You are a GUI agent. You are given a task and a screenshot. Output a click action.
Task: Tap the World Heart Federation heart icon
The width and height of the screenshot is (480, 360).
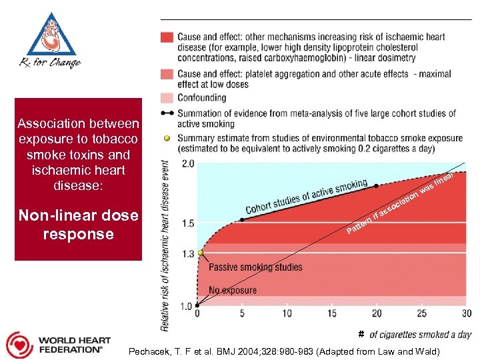(x=19, y=344)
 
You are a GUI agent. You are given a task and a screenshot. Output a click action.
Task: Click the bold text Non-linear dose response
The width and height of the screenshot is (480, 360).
(x=79, y=225)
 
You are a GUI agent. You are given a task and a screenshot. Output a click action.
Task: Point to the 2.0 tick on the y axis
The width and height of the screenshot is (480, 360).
(x=187, y=163)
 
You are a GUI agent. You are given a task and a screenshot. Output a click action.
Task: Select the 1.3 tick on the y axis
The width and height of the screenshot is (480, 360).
(x=187, y=253)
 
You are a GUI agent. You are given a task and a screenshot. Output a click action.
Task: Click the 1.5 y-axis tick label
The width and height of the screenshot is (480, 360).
(x=187, y=223)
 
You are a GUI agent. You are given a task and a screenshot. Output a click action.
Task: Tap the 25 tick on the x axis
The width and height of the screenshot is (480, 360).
(x=421, y=313)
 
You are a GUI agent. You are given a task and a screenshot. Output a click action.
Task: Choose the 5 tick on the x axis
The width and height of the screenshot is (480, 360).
(x=242, y=313)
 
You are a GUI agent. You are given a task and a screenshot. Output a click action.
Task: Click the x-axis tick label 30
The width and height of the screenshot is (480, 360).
(x=466, y=313)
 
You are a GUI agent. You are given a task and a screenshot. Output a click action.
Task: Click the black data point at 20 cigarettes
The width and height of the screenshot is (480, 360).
(x=377, y=186)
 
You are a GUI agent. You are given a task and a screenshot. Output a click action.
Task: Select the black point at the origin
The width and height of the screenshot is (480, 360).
(x=197, y=305)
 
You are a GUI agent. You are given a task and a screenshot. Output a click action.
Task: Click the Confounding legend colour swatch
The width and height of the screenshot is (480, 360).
(x=167, y=98)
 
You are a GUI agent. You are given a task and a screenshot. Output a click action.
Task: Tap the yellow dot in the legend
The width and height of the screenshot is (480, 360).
(x=167, y=139)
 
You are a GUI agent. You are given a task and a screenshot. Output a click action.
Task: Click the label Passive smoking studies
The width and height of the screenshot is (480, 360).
(x=255, y=267)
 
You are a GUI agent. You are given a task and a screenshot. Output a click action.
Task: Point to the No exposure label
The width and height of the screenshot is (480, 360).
(x=233, y=291)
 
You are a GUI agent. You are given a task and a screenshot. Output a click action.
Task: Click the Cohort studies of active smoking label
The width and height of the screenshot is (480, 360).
(x=306, y=197)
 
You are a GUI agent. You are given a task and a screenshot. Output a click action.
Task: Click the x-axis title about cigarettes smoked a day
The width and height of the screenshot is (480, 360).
(x=420, y=335)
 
